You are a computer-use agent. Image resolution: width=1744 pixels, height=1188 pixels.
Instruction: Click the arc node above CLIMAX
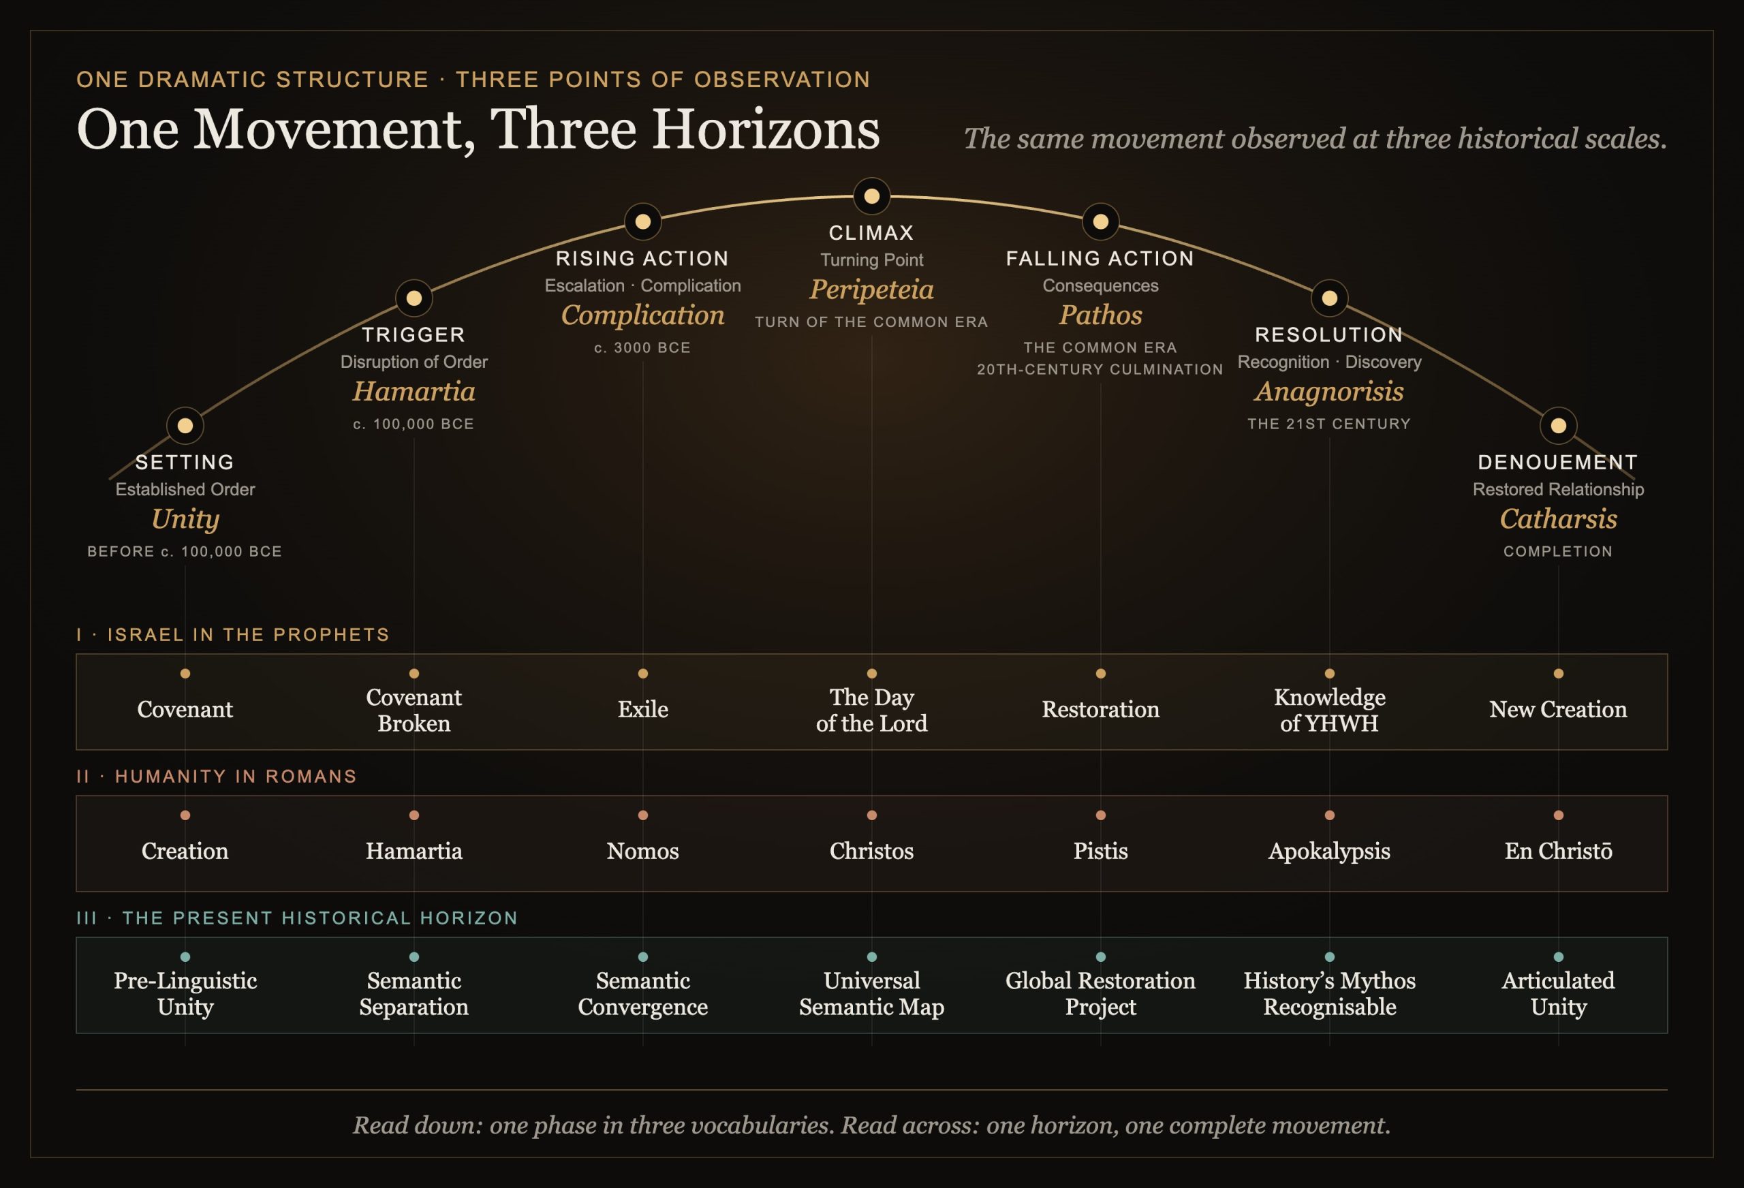pos(871,196)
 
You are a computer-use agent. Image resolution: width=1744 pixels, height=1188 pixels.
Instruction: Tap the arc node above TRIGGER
pos(414,298)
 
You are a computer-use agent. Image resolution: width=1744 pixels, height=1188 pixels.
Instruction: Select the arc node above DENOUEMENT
pos(1558,426)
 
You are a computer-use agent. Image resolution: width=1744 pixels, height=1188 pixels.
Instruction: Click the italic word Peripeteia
pos(871,290)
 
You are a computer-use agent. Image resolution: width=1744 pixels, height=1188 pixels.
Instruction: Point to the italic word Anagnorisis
pos(1329,392)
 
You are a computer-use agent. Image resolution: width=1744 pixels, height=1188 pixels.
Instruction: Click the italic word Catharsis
pos(1558,518)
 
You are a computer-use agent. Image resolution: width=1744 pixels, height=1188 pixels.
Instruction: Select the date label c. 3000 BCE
pos(642,347)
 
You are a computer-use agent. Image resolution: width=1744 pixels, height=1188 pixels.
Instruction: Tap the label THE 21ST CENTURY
pos(1329,424)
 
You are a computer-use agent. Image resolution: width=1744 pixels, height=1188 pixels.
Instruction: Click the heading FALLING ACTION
pos(1100,259)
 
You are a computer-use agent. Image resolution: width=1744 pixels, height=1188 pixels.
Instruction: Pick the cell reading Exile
pos(642,709)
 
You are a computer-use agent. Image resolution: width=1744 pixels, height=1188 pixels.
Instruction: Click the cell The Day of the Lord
pos(871,710)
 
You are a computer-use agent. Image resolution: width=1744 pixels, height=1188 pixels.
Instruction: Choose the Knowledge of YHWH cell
pos(1329,710)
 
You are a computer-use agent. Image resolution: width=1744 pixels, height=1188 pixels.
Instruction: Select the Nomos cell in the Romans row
pos(642,851)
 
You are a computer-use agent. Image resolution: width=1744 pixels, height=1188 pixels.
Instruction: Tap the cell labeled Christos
pos(871,851)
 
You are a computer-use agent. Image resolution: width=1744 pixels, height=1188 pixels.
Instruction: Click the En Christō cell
pos(1558,851)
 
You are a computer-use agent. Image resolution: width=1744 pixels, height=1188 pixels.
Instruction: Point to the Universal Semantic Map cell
pos(871,994)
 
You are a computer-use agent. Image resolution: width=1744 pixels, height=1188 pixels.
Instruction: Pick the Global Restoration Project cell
pos(1100,994)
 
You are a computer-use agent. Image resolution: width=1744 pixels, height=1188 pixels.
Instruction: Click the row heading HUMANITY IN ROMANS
pos(236,776)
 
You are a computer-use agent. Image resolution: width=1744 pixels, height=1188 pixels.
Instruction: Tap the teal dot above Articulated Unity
pos(1558,957)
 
